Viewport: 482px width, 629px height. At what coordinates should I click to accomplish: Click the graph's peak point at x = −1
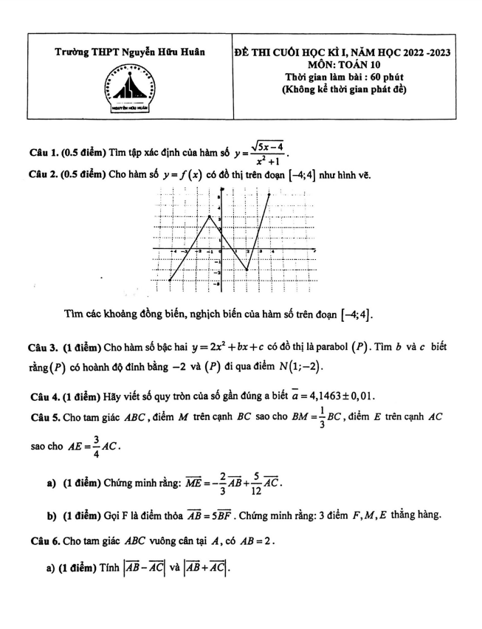[x=210, y=216]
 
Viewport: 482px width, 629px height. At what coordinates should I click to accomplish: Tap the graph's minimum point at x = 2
[x=247, y=270]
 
